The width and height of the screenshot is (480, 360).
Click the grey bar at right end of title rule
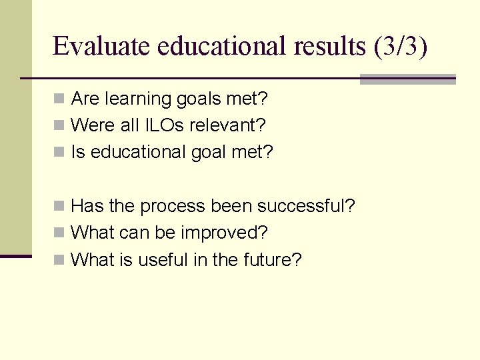tap(407, 79)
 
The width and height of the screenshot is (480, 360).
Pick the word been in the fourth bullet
tap(229, 206)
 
